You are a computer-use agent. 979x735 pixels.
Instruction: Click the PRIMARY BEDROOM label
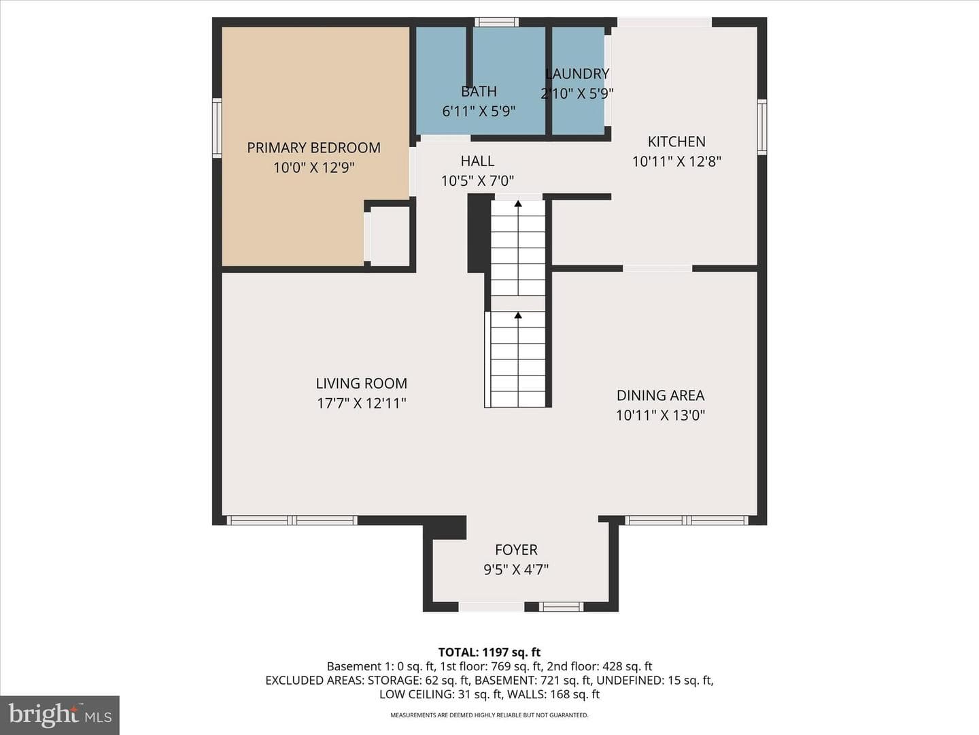[313, 148]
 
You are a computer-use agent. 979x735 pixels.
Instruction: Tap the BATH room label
[479, 91]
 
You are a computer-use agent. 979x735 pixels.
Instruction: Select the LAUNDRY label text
[577, 73]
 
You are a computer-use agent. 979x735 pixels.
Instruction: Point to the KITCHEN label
[676, 142]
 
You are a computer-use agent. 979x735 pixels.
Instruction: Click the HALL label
[477, 161]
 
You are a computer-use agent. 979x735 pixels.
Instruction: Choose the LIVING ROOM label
[361, 383]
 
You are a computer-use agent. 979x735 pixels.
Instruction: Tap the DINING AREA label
[661, 395]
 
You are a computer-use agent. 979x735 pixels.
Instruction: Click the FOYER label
[516, 549]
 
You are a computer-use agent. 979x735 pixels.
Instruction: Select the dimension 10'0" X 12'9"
[313, 168]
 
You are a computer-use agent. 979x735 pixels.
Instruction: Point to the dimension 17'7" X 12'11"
[361, 404]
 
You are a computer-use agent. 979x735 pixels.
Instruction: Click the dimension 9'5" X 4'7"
[516, 570]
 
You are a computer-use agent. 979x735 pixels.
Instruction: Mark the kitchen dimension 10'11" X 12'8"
[676, 161]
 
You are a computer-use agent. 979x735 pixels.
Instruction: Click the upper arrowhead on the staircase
[518, 204]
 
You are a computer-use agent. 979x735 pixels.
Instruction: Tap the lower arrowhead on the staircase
[518, 316]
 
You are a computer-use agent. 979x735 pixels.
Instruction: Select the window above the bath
[496, 22]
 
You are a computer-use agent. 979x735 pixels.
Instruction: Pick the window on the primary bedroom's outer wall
[217, 128]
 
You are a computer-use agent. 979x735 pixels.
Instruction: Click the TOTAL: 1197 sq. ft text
[489, 653]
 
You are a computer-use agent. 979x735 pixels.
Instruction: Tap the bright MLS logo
[60, 715]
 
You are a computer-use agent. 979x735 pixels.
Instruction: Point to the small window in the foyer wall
[561, 606]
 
